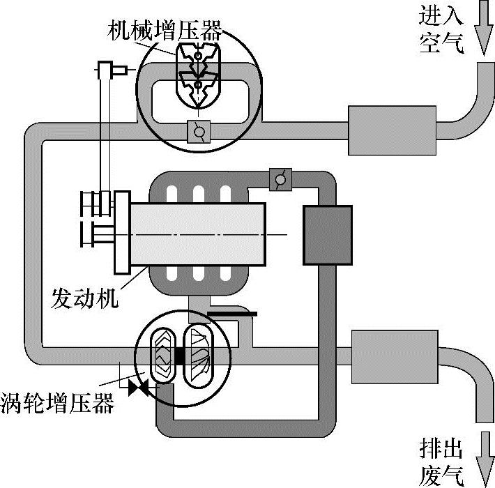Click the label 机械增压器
165,30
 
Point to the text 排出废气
441,460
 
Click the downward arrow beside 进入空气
482,28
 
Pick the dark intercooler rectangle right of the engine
327,235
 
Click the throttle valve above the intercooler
281,178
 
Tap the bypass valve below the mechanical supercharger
200,130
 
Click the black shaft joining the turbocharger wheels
181,356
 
